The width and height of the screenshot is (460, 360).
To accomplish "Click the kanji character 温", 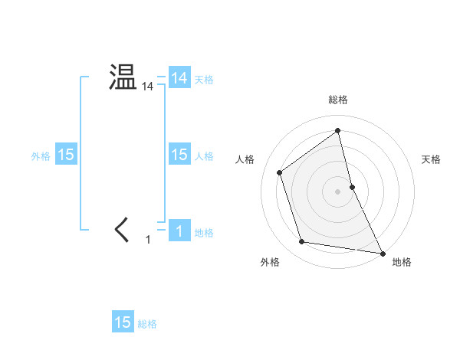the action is click(122, 77).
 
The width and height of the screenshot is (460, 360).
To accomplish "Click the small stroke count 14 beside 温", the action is click(147, 87).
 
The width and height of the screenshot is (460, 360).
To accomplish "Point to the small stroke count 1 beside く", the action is click(148, 240).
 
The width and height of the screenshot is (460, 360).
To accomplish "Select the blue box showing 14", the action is click(179, 78).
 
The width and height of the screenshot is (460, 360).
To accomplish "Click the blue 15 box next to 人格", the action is click(179, 155).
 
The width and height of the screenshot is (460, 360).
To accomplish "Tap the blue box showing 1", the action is click(179, 231).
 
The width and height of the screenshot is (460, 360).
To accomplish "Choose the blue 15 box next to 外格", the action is click(65, 155).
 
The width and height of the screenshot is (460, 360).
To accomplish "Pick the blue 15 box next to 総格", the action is click(122, 322).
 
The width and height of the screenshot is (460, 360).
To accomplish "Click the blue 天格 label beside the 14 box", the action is click(203, 79).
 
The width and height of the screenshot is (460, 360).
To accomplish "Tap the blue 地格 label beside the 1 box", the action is click(204, 232).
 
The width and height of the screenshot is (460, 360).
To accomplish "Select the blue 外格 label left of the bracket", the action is click(41, 155).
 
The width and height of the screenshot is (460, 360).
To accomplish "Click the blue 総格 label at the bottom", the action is click(147, 324).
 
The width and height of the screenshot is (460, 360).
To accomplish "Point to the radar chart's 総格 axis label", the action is click(337, 100).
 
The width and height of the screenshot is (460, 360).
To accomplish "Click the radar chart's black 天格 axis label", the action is click(431, 159).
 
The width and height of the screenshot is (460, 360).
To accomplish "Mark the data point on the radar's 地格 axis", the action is click(381, 252).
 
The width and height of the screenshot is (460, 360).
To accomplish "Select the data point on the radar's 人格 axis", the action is click(280, 172).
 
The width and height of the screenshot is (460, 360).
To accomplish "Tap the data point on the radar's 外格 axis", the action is click(302, 242).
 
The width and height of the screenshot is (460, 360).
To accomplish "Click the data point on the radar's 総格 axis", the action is click(337, 130).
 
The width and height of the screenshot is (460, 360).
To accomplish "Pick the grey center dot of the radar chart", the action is click(337, 191).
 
